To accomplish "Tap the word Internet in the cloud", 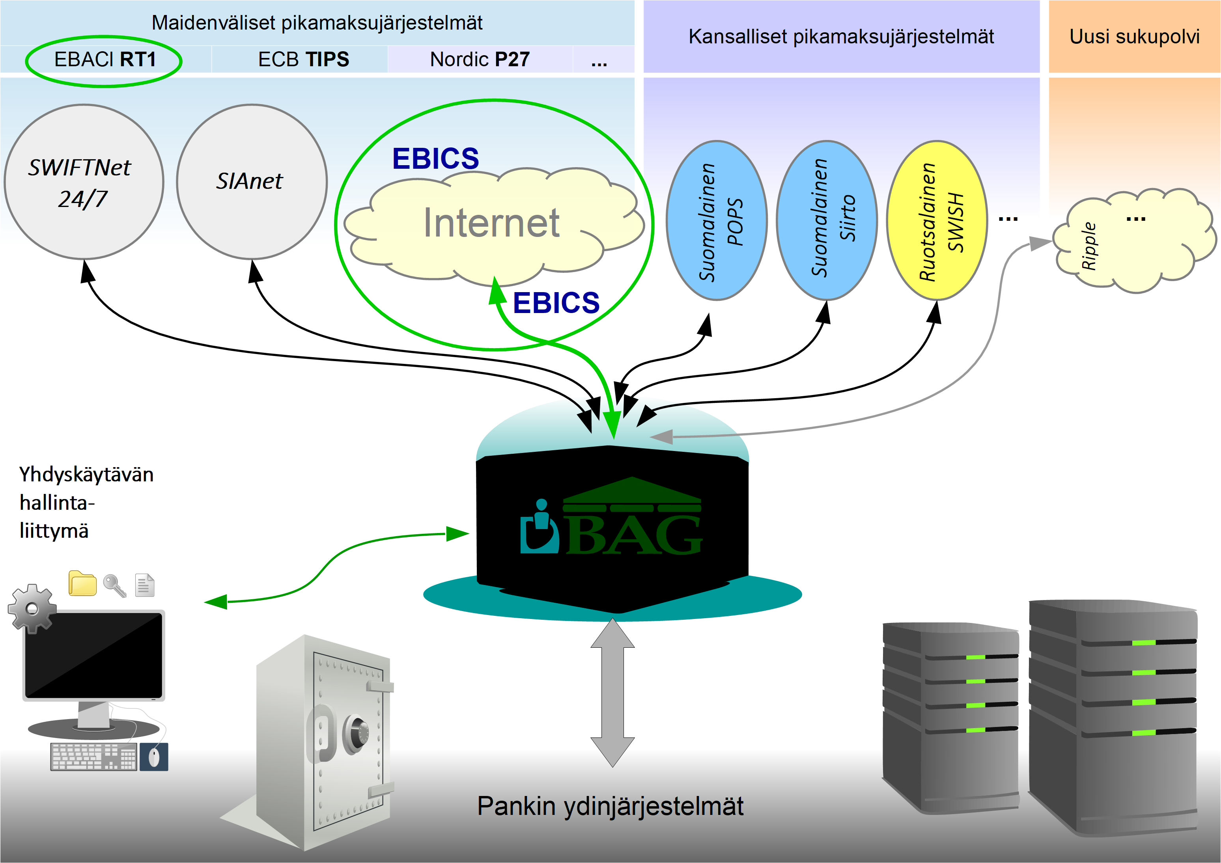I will pos(491,223).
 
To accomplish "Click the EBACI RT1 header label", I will pos(105,60).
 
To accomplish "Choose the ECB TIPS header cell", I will pos(303,60).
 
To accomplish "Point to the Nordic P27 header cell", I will pos(480,60).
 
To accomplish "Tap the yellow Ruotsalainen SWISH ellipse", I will pos(937,221).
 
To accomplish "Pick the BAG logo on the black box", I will pos(612,524).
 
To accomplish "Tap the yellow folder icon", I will pos(82,584).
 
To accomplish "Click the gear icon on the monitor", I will pos(32,609).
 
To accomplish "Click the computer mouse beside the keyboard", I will pos(154,757).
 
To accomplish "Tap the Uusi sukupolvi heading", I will pos(1134,37).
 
